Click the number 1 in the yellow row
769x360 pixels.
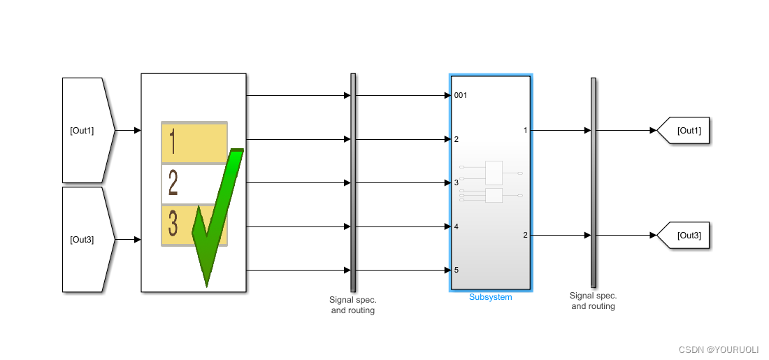(173, 142)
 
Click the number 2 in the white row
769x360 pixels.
(173, 184)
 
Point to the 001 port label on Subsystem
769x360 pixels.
(461, 96)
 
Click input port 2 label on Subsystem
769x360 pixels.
(457, 139)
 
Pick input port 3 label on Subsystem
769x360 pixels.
(457, 182)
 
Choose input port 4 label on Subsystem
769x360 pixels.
(457, 226)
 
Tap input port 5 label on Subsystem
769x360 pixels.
(457, 270)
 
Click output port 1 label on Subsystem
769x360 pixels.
(525, 130)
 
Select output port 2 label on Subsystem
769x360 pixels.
(525, 235)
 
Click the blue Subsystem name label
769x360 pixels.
(490, 297)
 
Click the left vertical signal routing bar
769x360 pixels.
(353, 182)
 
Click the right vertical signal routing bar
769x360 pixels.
(594, 182)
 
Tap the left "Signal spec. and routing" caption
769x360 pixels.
(353, 305)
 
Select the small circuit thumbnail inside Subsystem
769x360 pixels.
(491, 182)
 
